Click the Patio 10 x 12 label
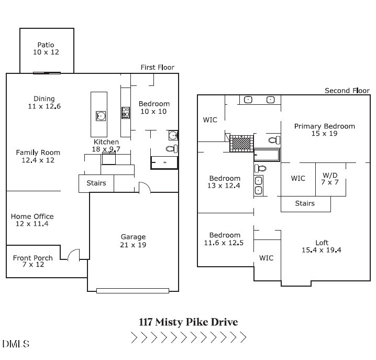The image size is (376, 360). (x=46, y=49)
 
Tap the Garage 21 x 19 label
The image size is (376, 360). (x=133, y=241)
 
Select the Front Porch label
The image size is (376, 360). (x=32, y=261)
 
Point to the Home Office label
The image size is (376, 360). (x=32, y=220)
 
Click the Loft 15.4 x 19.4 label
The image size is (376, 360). (x=322, y=246)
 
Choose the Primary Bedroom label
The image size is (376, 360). (x=324, y=130)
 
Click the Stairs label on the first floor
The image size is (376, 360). (x=96, y=183)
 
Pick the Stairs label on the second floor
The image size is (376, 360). (x=305, y=203)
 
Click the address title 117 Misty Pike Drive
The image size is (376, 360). (x=188, y=322)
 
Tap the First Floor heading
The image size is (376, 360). (x=157, y=67)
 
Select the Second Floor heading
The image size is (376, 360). (x=347, y=91)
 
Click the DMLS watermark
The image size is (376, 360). (x=16, y=344)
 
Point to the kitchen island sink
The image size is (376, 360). (x=99, y=115)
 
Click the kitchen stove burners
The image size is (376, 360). (x=126, y=112)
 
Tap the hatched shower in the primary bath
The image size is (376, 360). (x=241, y=142)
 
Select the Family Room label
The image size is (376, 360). (x=38, y=156)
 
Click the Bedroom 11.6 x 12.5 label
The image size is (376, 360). (x=225, y=239)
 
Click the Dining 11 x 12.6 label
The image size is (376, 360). (x=44, y=103)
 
